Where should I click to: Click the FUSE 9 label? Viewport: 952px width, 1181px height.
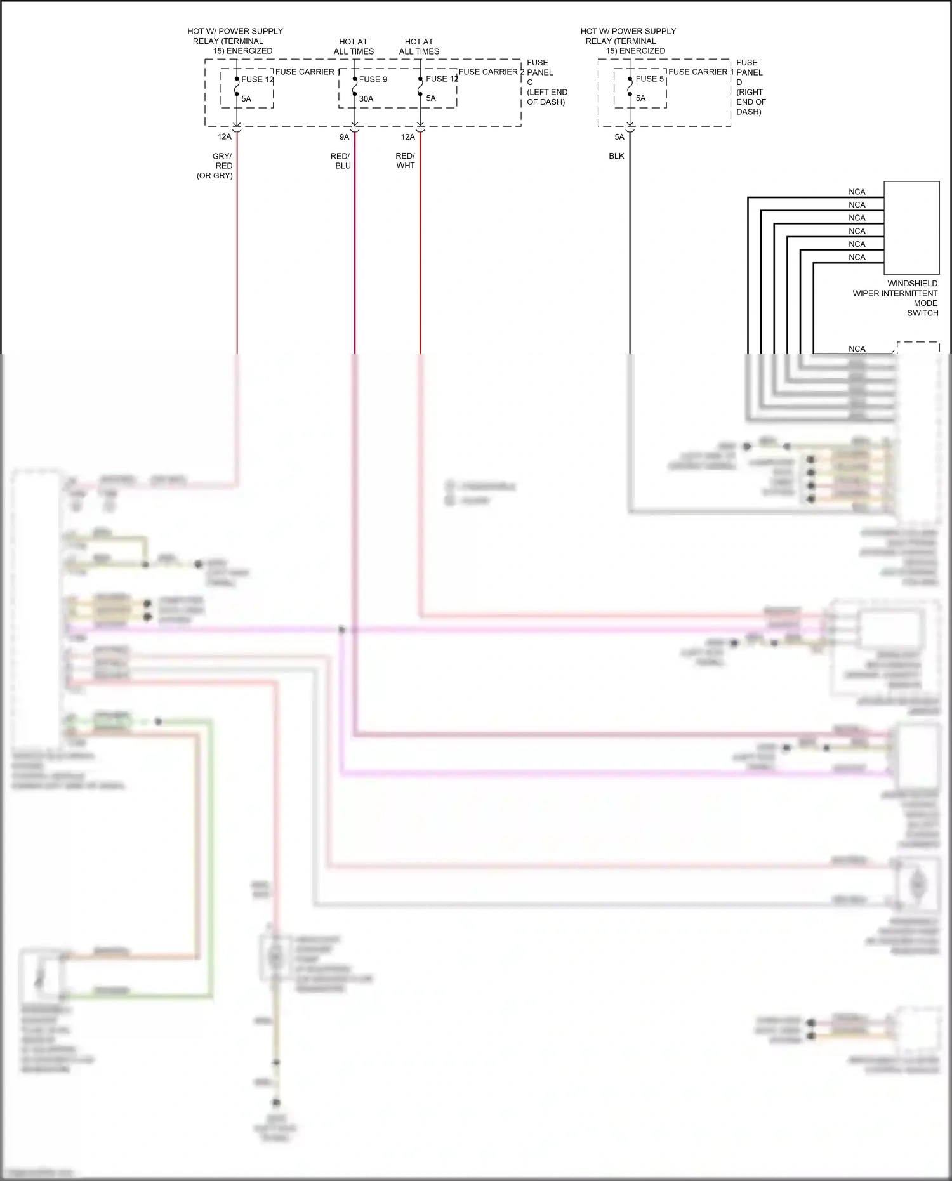coord(373,79)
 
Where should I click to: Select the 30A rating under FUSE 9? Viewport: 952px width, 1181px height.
coord(366,98)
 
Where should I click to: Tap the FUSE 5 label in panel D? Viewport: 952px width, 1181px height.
coord(649,79)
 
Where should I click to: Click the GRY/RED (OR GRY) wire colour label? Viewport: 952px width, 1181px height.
coord(216,166)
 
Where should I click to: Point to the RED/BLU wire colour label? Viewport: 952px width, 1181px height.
coord(341,161)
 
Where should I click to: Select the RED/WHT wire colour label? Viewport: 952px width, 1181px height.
coord(405,161)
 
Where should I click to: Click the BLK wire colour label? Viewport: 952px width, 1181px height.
coord(616,155)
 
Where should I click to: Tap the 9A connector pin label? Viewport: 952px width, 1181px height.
coord(344,136)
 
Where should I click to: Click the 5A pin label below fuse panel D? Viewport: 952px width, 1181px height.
coord(619,136)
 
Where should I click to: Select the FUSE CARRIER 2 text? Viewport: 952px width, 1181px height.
coord(491,72)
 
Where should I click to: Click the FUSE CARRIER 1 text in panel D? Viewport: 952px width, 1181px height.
coord(701,72)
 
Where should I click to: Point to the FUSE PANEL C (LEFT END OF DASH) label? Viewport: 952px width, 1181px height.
coord(546,82)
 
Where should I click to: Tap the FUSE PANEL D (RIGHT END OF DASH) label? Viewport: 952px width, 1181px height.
coord(751,87)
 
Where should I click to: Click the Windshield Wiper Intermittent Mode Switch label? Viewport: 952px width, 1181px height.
coord(896,298)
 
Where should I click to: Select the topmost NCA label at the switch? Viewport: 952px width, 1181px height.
coord(857,192)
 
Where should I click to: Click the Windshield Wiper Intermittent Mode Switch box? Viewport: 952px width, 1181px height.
coord(911,228)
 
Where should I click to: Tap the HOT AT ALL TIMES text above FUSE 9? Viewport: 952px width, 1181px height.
coord(354,46)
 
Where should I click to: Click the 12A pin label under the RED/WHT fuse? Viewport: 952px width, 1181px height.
coord(407,136)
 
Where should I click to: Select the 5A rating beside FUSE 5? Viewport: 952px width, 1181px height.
coord(640,98)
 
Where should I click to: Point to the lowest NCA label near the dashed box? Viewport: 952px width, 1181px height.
coord(857,348)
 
